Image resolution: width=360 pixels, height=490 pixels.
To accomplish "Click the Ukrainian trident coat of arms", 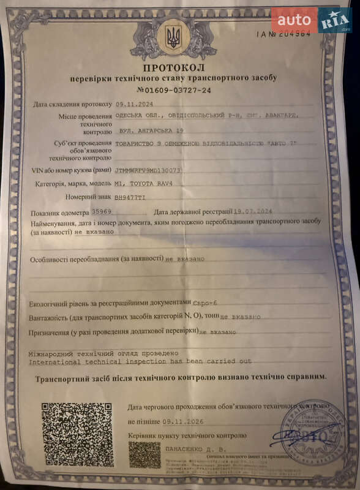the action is coord(174,37).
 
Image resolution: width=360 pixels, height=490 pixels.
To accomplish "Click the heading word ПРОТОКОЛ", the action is coord(174,67).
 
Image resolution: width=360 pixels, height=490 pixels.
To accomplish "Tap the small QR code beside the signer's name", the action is coord(144,454).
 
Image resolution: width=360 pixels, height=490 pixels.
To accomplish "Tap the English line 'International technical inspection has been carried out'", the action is coord(140,361).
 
